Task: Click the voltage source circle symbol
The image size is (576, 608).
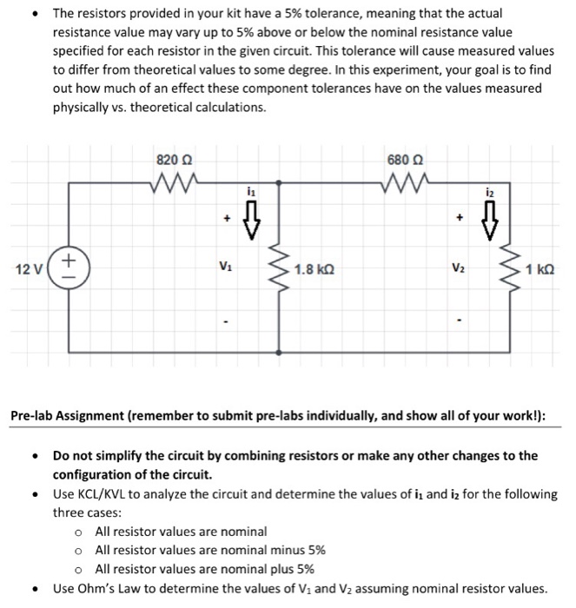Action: click(x=70, y=266)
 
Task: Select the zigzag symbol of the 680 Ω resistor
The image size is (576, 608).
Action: click(x=401, y=183)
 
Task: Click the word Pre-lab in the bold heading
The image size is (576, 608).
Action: click(x=36, y=415)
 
